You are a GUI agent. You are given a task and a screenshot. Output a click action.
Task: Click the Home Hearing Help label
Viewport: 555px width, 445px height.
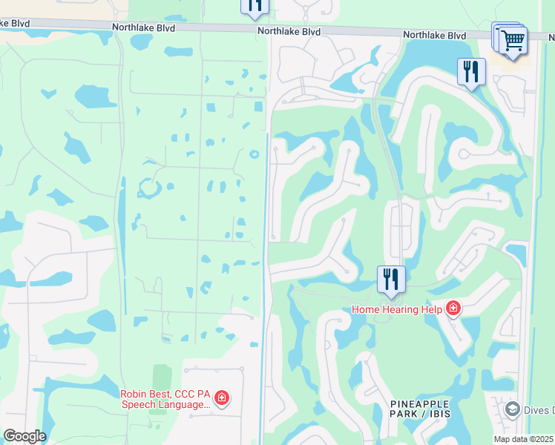tap(397, 309)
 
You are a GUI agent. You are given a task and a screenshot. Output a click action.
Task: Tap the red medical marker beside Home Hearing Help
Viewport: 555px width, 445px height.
tap(453, 309)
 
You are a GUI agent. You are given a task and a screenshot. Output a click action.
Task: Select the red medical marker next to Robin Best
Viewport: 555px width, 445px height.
tap(221, 398)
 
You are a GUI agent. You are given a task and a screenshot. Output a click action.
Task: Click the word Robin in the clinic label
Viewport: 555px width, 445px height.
tap(136, 394)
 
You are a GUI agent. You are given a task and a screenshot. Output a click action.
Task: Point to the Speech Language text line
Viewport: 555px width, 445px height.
tap(165, 404)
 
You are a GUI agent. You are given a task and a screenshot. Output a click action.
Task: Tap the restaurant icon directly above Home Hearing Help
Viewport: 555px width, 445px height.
tap(391, 279)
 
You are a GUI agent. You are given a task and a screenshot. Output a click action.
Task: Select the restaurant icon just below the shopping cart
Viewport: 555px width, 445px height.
tap(471, 71)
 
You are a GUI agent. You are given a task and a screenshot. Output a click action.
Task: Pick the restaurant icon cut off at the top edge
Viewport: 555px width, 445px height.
tap(255, 6)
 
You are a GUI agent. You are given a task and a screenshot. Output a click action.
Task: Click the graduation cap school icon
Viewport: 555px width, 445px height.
tap(512, 409)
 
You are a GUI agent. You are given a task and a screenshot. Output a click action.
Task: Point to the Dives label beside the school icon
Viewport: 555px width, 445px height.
tap(538, 410)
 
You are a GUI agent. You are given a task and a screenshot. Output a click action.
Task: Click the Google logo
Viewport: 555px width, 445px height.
tap(24, 436)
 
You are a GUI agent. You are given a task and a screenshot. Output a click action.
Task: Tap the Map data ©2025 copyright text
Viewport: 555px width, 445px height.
tap(523, 439)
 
